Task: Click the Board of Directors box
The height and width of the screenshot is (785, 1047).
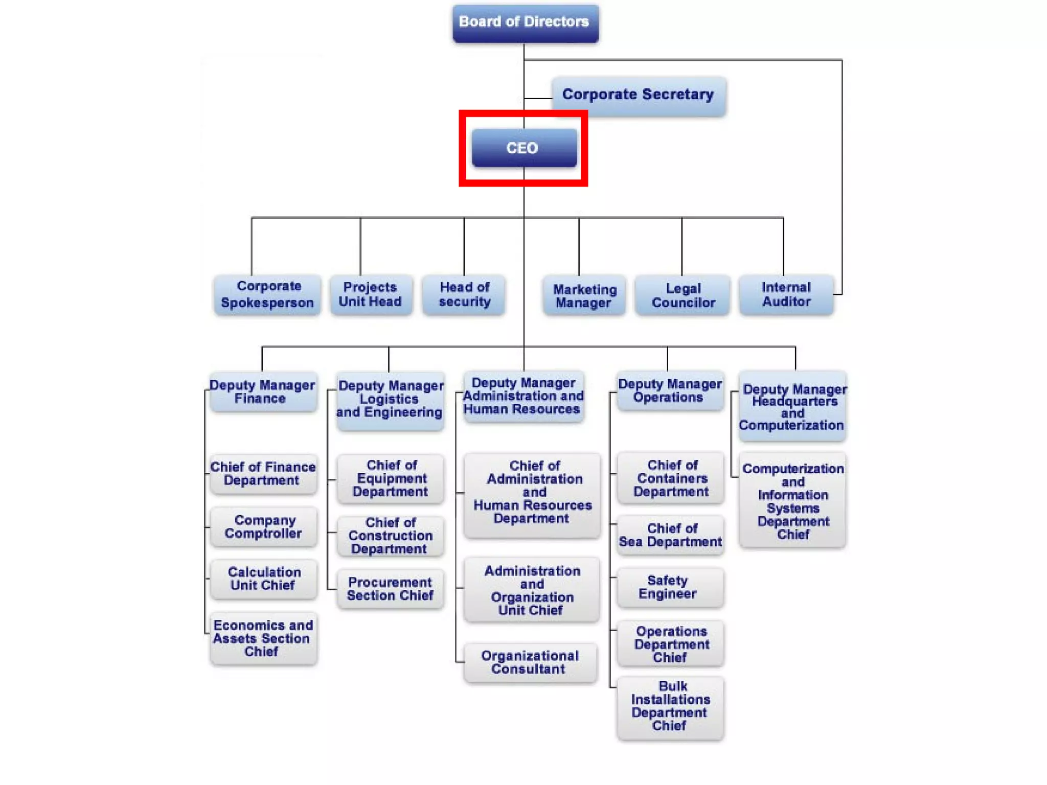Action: tap(525, 23)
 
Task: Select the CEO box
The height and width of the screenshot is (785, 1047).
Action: tap(523, 148)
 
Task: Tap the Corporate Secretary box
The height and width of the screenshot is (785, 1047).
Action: tap(639, 95)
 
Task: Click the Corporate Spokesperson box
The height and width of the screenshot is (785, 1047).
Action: tap(267, 295)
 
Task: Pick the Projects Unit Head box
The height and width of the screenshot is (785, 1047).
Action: tap(371, 295)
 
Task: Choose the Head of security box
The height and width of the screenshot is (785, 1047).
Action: tap(464, 295)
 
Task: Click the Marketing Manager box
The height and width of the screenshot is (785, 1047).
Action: tap(584, 296)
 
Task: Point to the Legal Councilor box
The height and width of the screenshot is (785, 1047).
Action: tap(682, 296)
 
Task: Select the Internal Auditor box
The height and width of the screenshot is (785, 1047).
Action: tap(786, 295)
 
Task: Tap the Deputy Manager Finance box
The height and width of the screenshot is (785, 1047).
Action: tap(263, 392)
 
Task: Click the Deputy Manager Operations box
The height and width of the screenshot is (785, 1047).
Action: tap(670, 391)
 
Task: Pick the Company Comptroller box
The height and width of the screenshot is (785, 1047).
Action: tap(264, 527)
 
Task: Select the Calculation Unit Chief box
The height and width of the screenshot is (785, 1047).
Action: tap(264, 579)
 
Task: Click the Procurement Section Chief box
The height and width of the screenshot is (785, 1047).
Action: tap(390, 589)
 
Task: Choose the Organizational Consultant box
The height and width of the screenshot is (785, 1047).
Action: tap(530, 662)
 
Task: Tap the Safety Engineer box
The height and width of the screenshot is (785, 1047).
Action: tap(670, 588)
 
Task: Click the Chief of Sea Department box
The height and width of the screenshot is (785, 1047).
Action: tap(670, 536)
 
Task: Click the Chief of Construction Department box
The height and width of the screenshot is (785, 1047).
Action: tap(390, 536)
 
